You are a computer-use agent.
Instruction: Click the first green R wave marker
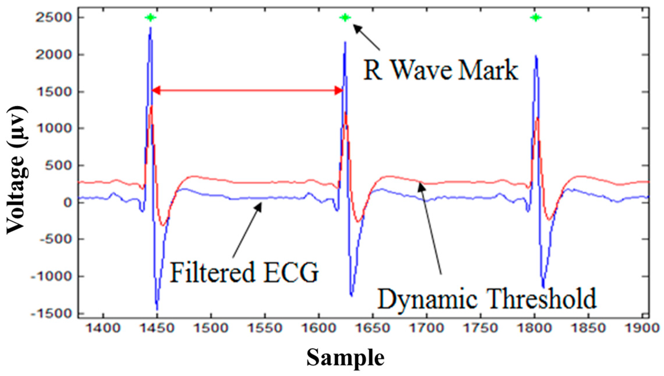(150, 18)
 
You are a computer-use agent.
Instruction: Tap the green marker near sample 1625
(345, 18)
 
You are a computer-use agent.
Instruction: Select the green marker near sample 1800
(536, 18)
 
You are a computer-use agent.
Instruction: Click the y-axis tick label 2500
(53, 18)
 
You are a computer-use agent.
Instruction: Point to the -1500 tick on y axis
(51, 313)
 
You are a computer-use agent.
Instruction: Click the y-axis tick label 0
(68, 202)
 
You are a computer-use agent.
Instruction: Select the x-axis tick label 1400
(104, 328)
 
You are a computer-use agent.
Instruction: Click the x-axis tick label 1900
(642, 328)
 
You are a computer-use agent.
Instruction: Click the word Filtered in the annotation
(212, 273)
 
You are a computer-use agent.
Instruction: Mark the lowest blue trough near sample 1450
(157, 310)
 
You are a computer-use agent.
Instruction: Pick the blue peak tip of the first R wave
(151, 28)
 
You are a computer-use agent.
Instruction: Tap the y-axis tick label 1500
(53, 92)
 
